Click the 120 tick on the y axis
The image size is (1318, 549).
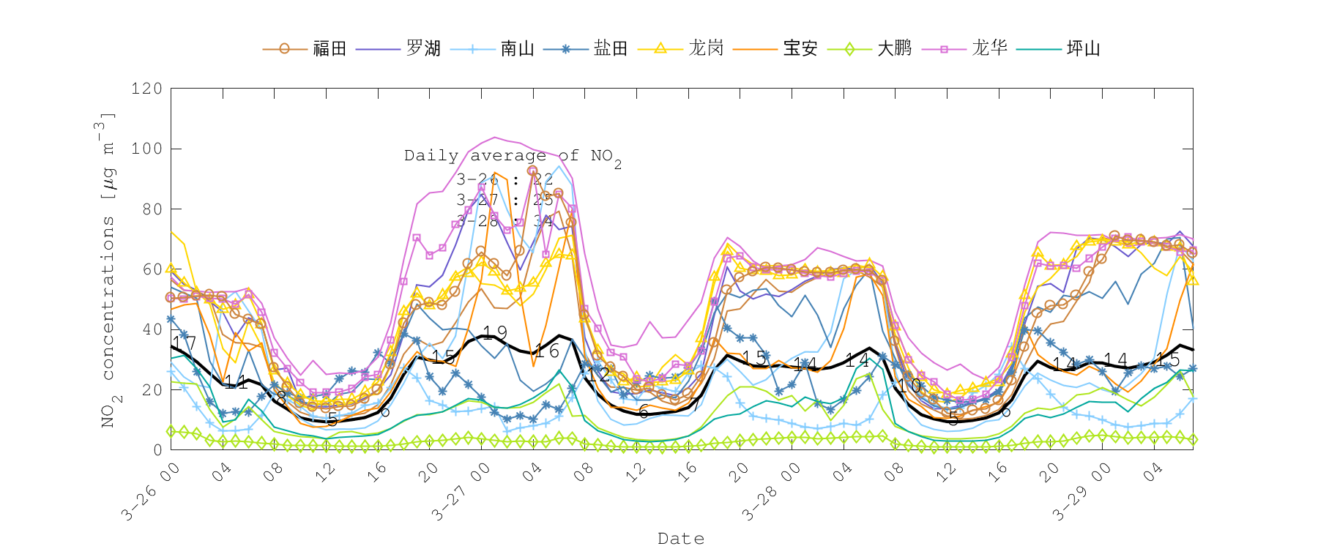coord(146,89)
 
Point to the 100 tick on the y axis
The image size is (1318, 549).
coord(146,149)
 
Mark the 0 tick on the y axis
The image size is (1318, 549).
coord(157,449)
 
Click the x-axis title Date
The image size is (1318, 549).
coord(681,539)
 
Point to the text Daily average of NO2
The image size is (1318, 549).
coord(513,156)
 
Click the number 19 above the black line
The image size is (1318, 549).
coord(495,333)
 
